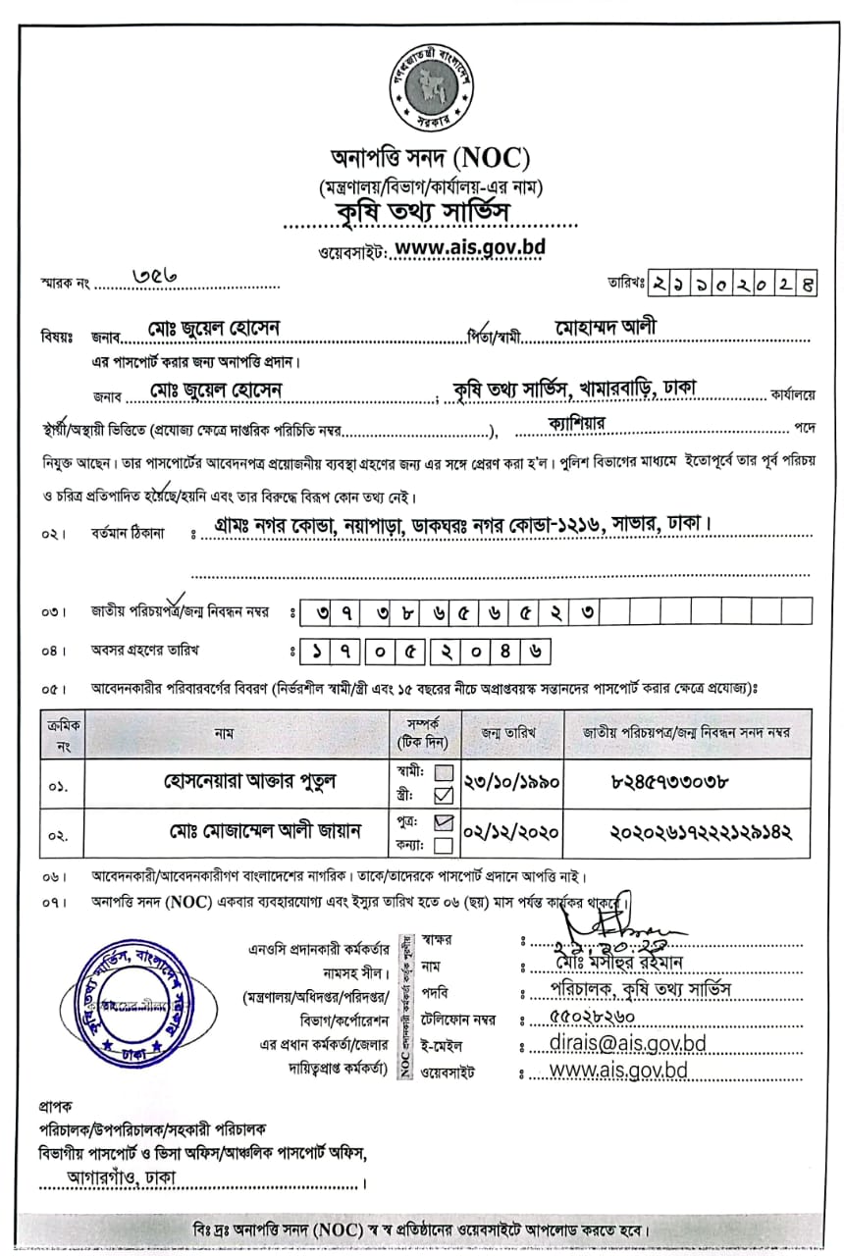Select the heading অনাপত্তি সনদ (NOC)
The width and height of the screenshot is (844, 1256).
coord(430,157)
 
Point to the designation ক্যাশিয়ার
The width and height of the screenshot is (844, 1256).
coord(579,422)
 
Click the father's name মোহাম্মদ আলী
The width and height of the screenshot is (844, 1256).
coord(606,327)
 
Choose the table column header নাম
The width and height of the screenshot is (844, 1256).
coord(216,732)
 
